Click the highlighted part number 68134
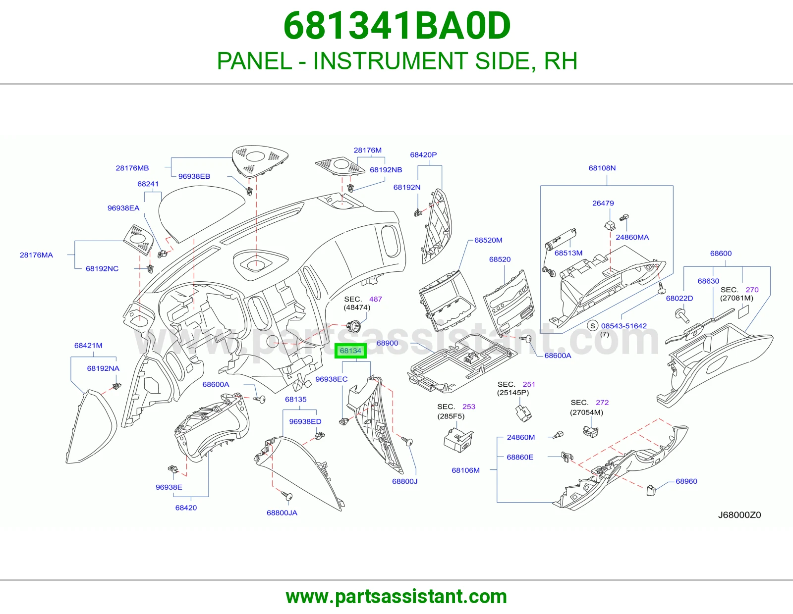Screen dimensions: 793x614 click(350, 351)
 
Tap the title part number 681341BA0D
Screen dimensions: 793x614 click(396, 26)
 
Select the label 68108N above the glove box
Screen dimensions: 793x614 click(602, 168)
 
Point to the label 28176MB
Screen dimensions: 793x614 click(132, 168)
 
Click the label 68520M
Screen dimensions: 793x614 click(488, 240)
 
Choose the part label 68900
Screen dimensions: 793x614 click(387, 343)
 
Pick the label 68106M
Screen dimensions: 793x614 click(465, 470)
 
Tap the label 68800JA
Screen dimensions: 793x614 click(282, 512)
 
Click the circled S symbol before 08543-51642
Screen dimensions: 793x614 click(592, 326)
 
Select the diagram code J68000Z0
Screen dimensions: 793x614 click(739, 515)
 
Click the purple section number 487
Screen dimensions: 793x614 click(376, 299)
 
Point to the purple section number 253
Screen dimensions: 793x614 click(468, 407)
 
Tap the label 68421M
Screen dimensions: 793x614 click(88, 345)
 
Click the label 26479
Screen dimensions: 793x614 click(603, 203)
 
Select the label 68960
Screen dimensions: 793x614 click(686, 481)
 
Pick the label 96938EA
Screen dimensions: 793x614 click(123, 208)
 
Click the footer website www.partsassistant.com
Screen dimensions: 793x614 click(396, 597)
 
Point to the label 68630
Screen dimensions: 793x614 click(708, 281)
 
